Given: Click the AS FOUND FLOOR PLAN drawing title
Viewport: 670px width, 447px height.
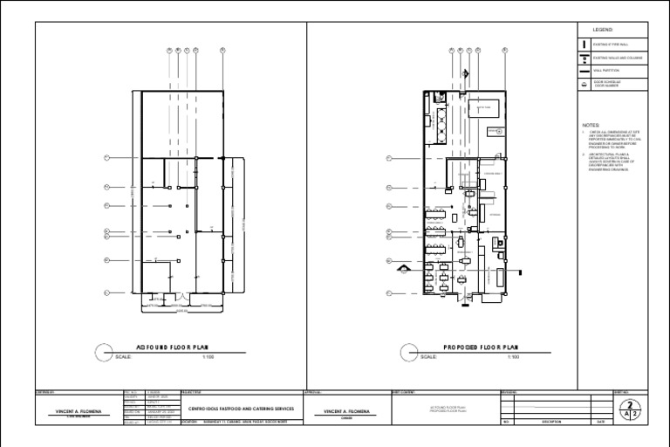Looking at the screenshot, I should (174, 347).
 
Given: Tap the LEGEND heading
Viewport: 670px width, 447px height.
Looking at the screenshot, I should (604, 30).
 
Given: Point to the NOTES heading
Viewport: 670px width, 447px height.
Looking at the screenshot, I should (591, 125).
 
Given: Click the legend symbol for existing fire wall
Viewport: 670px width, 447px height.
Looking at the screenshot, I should (584, 43).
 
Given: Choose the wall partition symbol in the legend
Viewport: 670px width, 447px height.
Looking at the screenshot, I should (584, 71).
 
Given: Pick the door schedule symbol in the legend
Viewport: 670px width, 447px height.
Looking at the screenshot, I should (584, 85).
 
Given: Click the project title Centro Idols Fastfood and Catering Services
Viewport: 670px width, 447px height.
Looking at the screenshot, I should (241, 409).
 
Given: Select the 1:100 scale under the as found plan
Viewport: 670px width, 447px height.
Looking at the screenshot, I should (208, 356).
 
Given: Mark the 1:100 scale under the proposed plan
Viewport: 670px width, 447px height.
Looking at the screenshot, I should (514, 356).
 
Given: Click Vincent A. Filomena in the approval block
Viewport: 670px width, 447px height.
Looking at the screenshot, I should (347, 410).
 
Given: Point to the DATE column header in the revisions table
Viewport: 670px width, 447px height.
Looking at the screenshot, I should (601, 422).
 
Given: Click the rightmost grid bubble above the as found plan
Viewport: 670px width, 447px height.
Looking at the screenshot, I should (223, 51).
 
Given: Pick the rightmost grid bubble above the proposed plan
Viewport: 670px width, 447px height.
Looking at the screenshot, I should (505, 51).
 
